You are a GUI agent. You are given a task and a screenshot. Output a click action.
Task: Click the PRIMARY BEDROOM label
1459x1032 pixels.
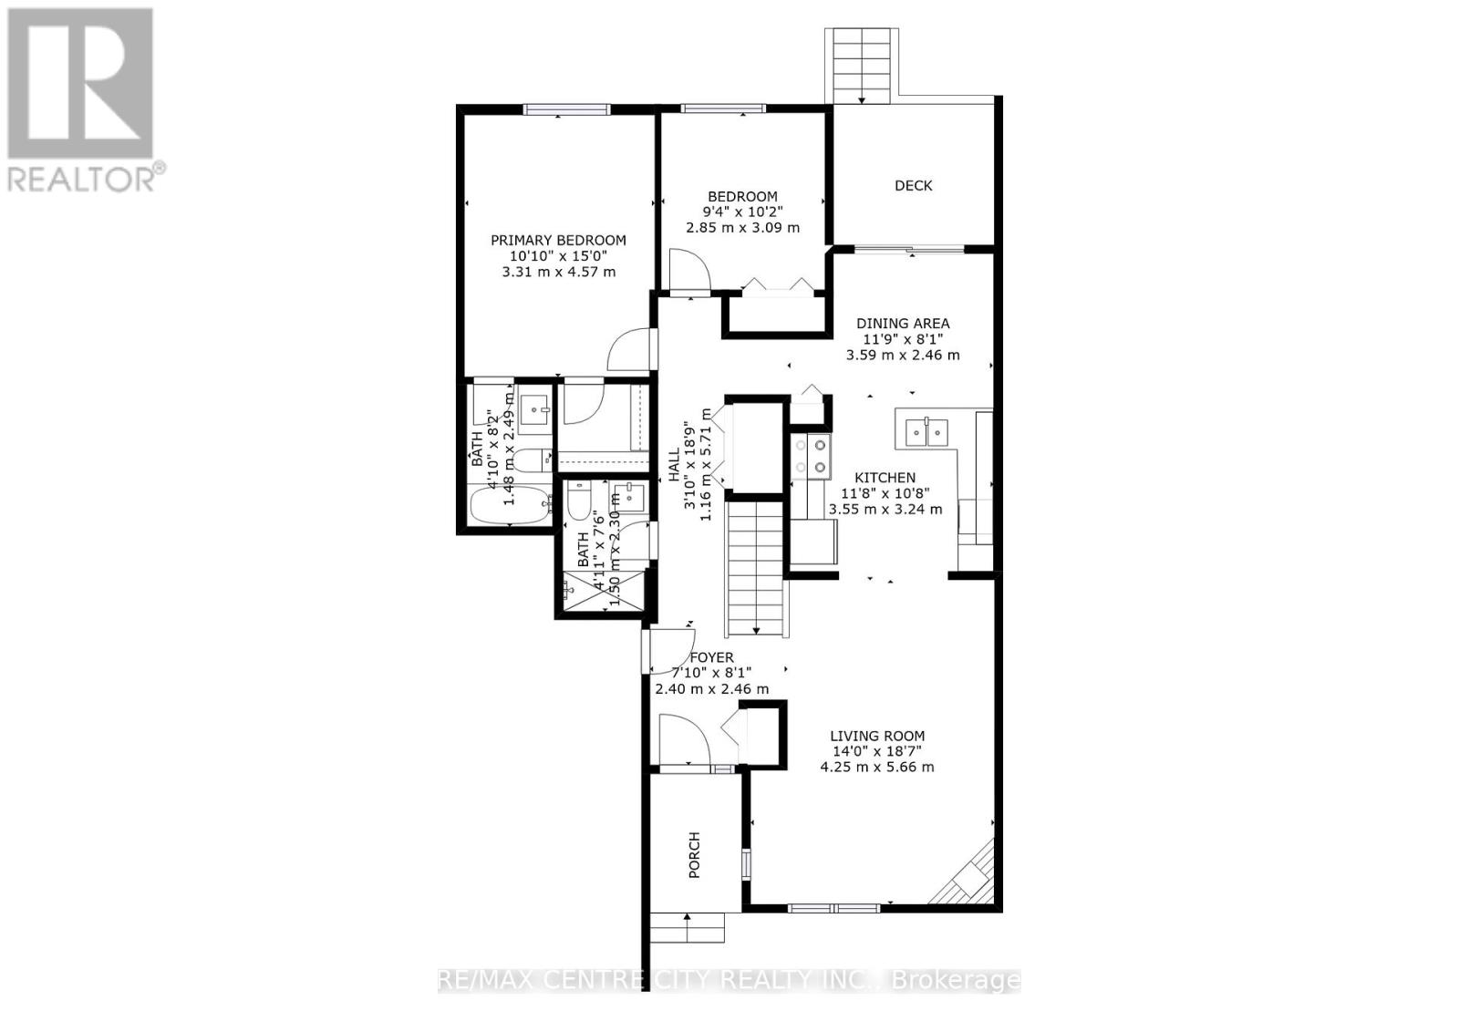558,241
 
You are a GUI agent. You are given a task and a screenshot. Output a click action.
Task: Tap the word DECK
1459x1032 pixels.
913,186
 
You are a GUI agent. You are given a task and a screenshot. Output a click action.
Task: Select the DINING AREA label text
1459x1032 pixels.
902,324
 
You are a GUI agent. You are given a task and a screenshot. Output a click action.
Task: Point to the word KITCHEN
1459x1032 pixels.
885,478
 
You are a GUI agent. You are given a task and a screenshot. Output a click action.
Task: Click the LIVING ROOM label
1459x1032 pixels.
876,736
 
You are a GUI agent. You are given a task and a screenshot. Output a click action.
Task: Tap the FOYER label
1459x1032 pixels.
711,657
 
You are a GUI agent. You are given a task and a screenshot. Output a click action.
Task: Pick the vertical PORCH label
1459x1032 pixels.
694,854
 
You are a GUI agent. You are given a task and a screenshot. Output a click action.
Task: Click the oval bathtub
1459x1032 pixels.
510,505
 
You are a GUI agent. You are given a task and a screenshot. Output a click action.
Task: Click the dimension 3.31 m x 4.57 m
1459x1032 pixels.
558,272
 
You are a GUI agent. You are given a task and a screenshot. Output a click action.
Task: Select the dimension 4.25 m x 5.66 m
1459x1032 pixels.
876,767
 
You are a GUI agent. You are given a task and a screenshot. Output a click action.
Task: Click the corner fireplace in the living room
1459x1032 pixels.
969,871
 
